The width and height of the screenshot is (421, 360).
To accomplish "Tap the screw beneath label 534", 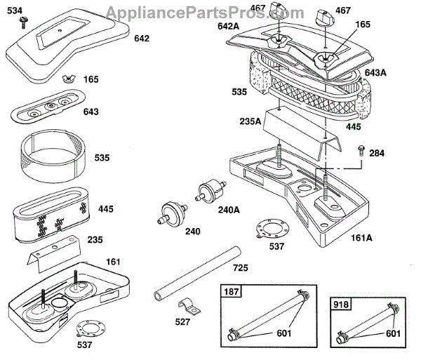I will click(x=23, y=23).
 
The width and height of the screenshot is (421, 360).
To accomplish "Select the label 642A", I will click(x=228, y=26).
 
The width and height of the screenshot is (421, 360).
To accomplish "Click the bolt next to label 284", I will click(x=359, y=149).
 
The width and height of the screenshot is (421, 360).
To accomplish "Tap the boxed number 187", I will click(x=230, y=291).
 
